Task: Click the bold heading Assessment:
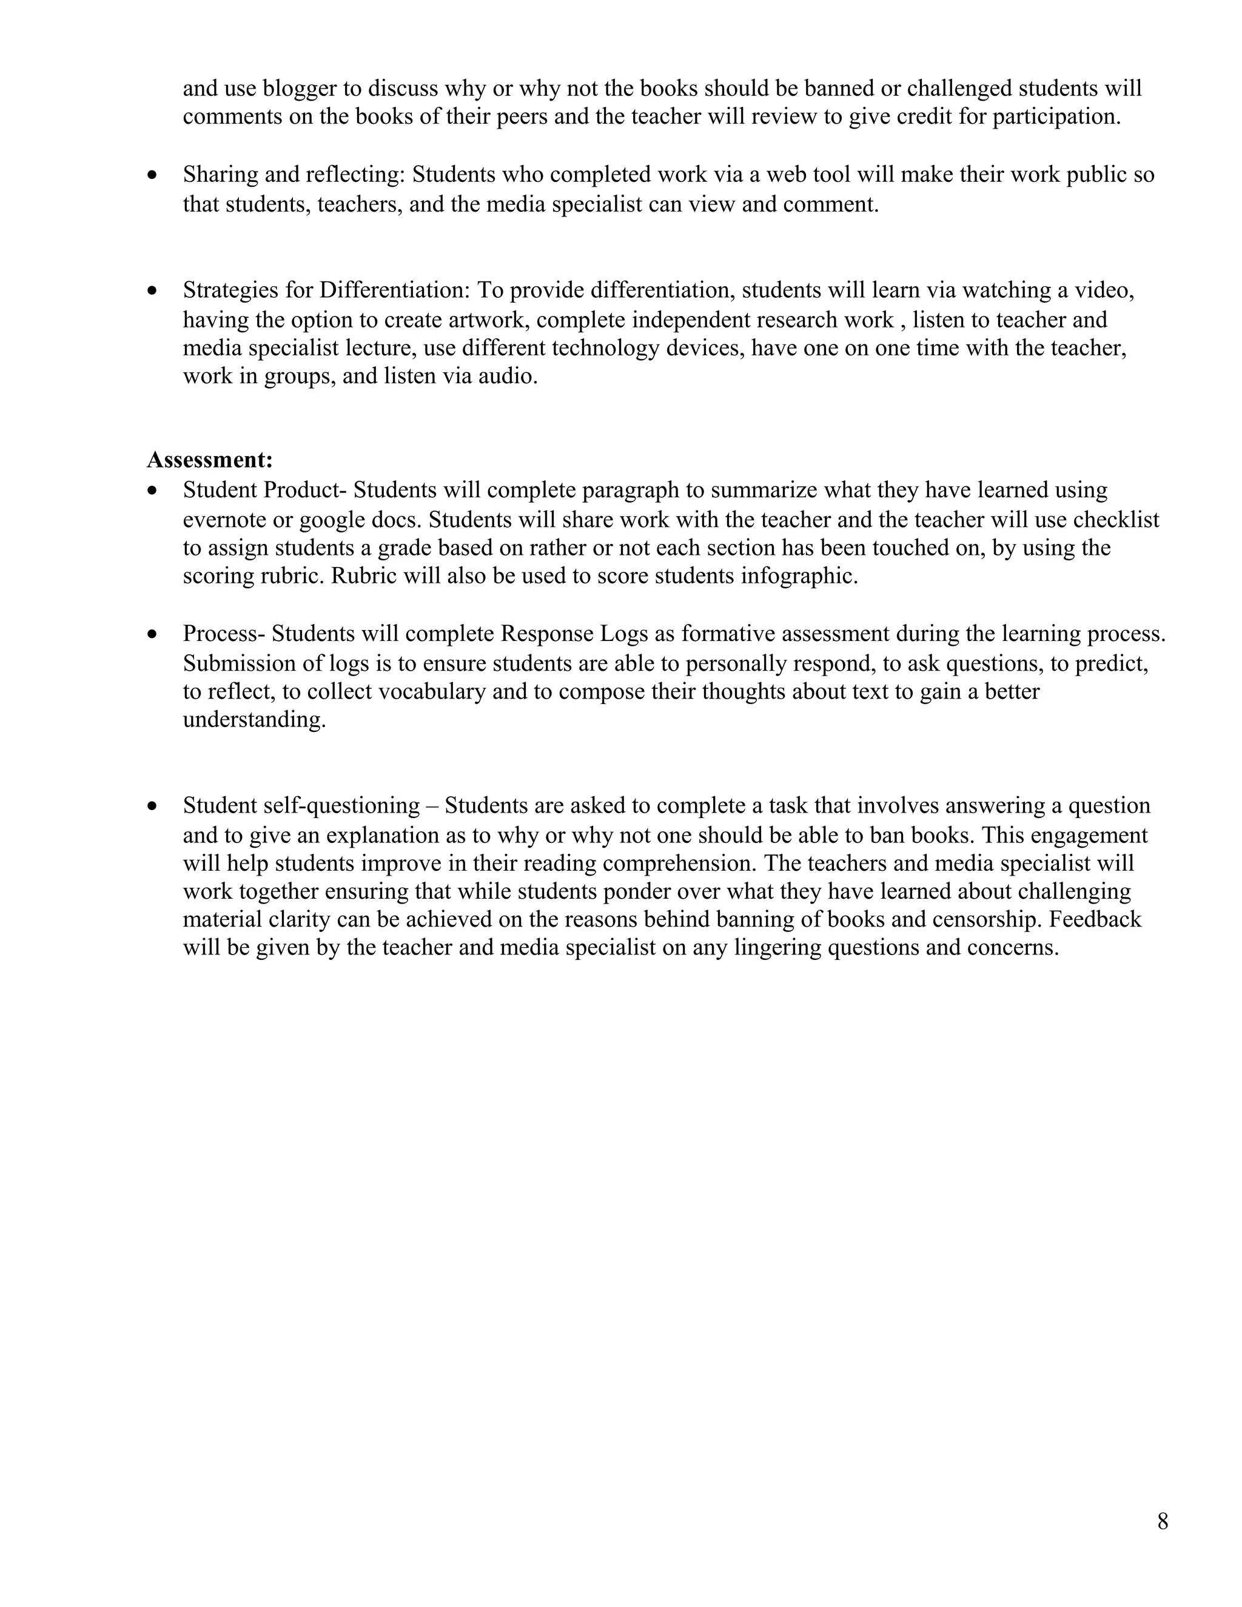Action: click(x=210, y=460)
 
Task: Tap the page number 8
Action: click(x=1163, y=1521)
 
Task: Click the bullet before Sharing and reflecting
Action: click(x=152, y=175)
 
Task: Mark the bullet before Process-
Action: click(x=152, y=634)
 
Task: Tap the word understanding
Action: click(x=254, y=720)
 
